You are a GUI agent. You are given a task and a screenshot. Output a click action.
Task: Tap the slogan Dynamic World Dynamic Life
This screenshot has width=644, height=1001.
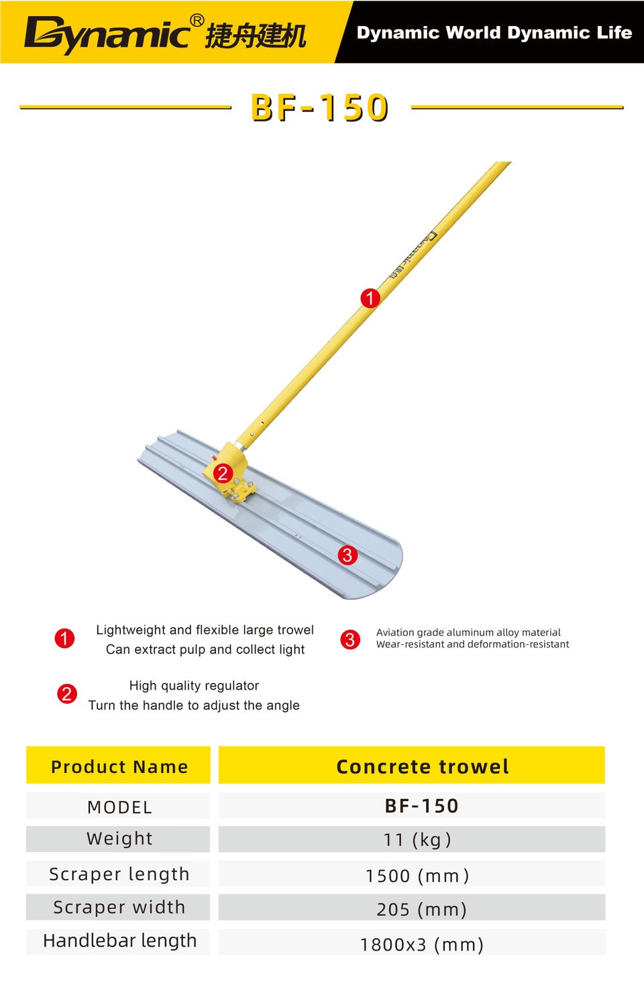tap(494, 33)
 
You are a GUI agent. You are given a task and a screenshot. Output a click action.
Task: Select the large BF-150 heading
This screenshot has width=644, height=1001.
tap(319, 108)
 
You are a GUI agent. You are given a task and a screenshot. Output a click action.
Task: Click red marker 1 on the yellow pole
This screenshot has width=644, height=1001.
tap(370, 298)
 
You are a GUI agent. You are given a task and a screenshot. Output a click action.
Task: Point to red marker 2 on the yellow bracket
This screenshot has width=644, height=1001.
tap(223, 473)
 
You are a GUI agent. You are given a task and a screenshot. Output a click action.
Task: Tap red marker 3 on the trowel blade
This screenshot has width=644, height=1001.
tap(347, 556)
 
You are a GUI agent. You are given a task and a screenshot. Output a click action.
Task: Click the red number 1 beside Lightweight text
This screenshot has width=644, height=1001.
tap(64, 638)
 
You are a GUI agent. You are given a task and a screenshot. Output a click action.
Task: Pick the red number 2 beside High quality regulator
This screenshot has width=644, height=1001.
tap(66, 694)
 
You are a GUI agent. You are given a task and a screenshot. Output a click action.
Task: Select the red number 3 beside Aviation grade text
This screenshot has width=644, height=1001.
tap(350, 639)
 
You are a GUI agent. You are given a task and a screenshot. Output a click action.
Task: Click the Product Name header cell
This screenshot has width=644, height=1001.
tap(119, 766)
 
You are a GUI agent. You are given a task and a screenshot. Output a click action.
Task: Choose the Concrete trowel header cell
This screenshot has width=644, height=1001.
tap(412, 766)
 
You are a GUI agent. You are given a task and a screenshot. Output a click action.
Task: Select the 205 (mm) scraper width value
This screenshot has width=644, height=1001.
tap(421, 909)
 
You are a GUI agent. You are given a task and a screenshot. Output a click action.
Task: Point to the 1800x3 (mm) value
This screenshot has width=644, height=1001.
tap(422, 945)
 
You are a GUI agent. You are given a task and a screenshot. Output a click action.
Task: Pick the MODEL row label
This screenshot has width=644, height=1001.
tap(120, 808)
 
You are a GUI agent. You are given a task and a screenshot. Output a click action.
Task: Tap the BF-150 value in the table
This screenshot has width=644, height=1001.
tap(421, 806)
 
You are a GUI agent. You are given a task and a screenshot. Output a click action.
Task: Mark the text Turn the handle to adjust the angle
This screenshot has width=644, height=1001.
tap(194, 705)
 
